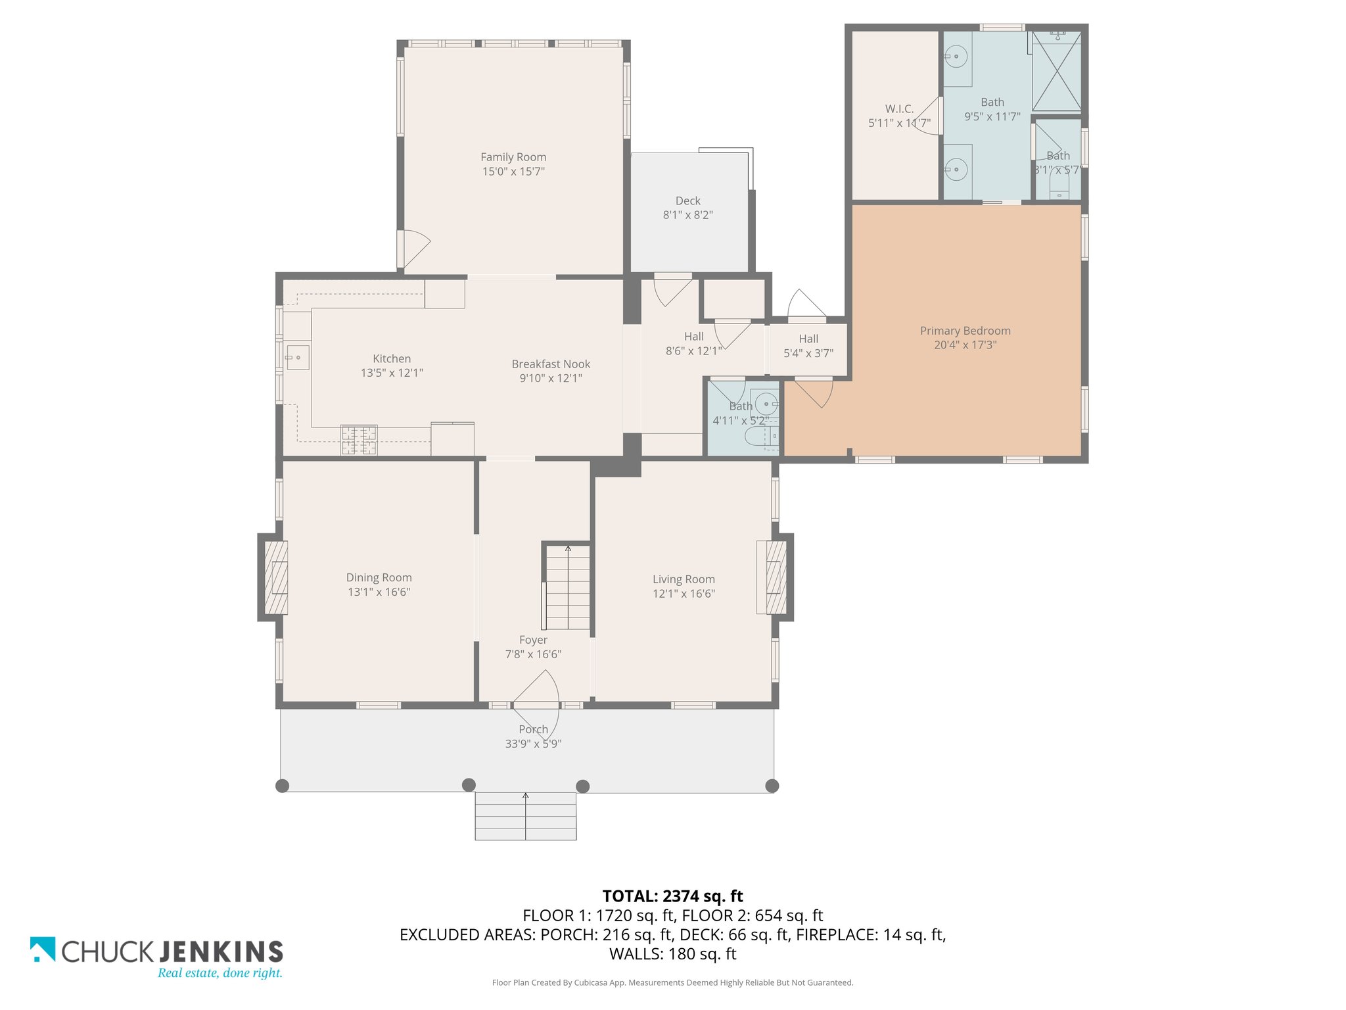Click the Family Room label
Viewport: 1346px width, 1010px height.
coord(513,157)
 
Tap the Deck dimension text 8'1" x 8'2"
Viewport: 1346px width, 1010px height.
coord(688,215)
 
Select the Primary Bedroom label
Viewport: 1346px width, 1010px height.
coord(965,331)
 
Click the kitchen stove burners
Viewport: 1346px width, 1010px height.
coord(359,440)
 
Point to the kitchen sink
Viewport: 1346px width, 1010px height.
coord(298,358)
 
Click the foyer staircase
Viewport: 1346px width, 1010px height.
coord(566,587)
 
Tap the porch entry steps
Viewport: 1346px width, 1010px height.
coord(526,816)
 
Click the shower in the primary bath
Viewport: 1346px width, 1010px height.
coord(1056,71)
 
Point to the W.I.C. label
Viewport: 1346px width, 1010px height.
coord(899,109)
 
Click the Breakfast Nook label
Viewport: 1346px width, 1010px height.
coord(551,364)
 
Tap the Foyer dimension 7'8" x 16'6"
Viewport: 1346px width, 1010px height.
coord(533,654)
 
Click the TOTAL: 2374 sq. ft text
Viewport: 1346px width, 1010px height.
coord(673,896)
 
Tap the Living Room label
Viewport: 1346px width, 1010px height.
coord(684,579)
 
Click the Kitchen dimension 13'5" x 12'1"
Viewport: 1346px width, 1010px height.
coord(392,373)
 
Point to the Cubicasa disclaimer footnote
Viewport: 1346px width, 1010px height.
coord(673,983)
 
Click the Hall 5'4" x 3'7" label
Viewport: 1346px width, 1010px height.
coord(808,346)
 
